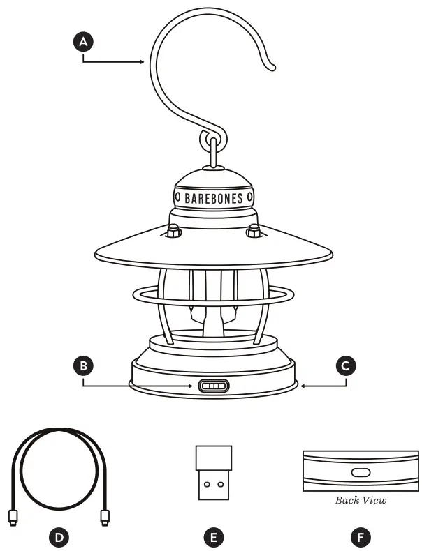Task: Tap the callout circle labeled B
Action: tap(83, 365)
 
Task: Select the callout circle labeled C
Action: tap(346, 365)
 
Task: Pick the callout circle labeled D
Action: tap(59, 537)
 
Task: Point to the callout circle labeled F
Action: tap(361, 537)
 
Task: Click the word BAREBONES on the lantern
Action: tap(214, 199)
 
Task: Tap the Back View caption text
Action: tap(361, 500)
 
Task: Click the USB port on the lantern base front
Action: tap(214, 386)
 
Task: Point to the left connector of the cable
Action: tap(13, 517)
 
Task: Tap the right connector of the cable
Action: tap(105, 517)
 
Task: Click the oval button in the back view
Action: tap(361, 472)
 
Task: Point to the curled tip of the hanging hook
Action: tap(271, 66)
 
